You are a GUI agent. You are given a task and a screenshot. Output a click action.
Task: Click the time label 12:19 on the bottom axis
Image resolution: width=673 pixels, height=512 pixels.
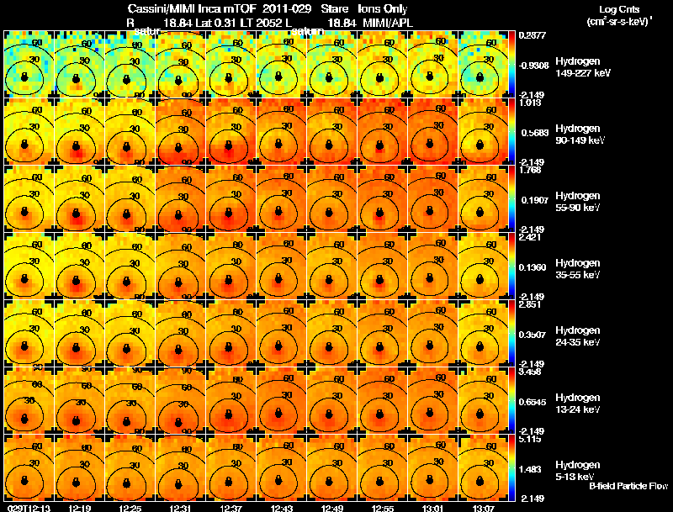pos(80,507)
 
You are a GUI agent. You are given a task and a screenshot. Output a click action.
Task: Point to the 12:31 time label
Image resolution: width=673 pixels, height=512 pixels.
pos(181,507)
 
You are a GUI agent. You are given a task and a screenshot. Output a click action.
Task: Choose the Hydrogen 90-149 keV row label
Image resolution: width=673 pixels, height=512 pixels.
pos(580,135)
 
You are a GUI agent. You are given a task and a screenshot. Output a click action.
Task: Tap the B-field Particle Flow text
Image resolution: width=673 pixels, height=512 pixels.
pos(628,486)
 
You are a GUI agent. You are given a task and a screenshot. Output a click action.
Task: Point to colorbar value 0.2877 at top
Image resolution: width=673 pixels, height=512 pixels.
pos(533,36)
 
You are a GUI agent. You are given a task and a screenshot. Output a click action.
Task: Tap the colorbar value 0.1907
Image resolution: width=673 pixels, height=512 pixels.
pos(533,200)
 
